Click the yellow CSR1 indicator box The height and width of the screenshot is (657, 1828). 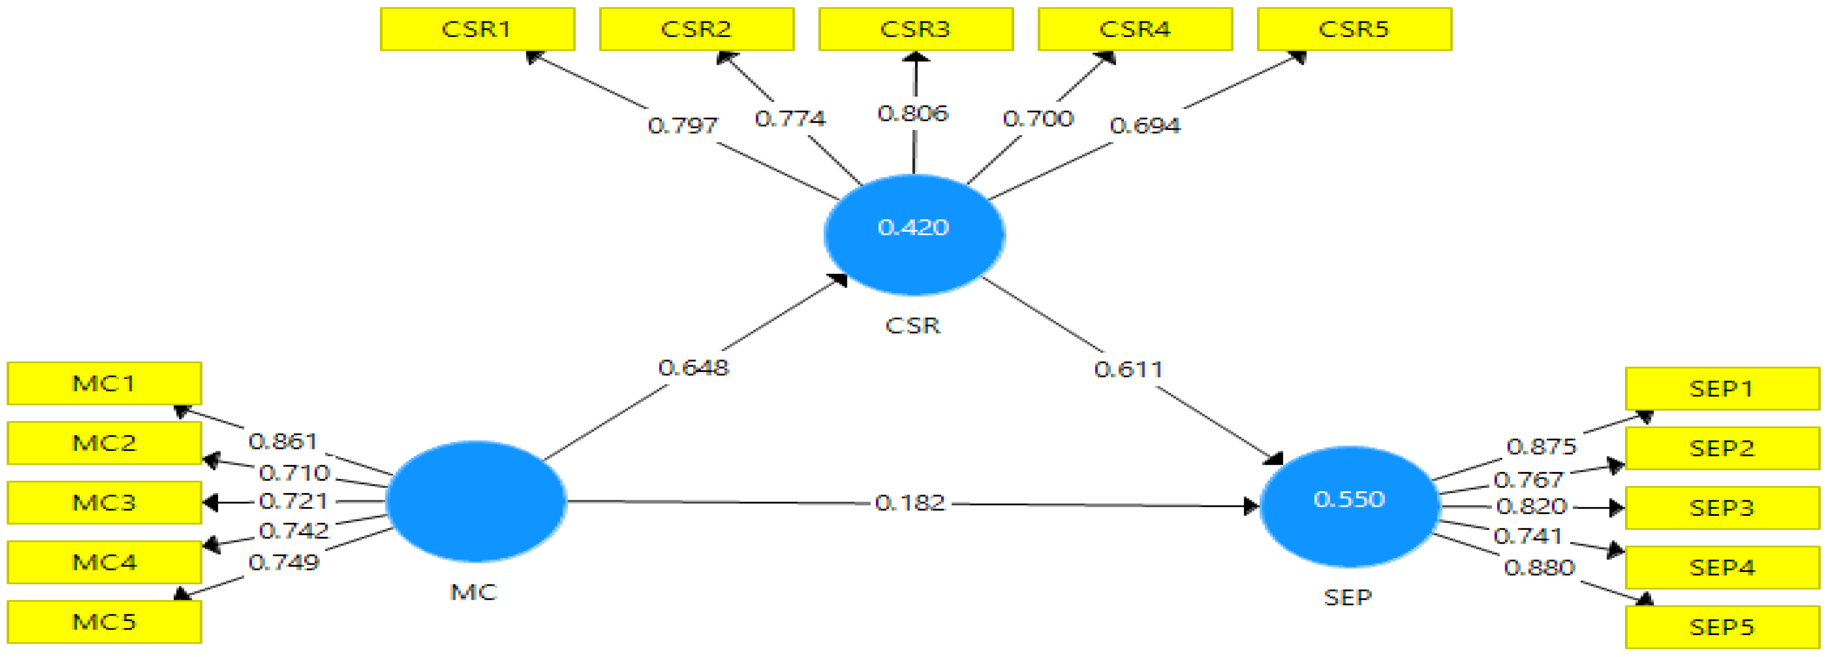pyautogui.click(x=477, y=29)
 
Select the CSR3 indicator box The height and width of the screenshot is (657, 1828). pyautogui.click(x=916, y=29)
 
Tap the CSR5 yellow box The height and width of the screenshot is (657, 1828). pyautogui.click(x=1354, y=29)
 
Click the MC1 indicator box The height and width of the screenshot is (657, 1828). pyautogui.click(x=104, y=383)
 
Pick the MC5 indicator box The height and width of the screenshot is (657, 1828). pyautogui.click(x=104, y=621)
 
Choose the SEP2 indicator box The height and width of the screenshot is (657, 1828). pyautogui.click(x=1722, y=448)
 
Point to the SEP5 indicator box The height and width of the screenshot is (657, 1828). pyautogui.click(x=1722, y=627)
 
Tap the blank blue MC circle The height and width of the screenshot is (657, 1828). pyautogui.click(x=476, y=501)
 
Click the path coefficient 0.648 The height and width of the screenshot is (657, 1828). pyautogui.click(x=693, y=367)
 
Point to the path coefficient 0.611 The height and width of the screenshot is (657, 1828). pyautogui.click(x=1128, y=369)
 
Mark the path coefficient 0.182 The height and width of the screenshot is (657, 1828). pyautogui.click(x=910, y=503)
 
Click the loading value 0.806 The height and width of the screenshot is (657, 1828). pyautogui.click(x=912, y=114)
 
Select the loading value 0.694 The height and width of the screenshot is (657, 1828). pyautogui.click(x=1145, y=126)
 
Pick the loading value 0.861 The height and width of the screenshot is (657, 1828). pyautogui.click(x=282, y=441)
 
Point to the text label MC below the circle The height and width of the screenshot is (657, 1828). pyautogui.click(x=473, y=592)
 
